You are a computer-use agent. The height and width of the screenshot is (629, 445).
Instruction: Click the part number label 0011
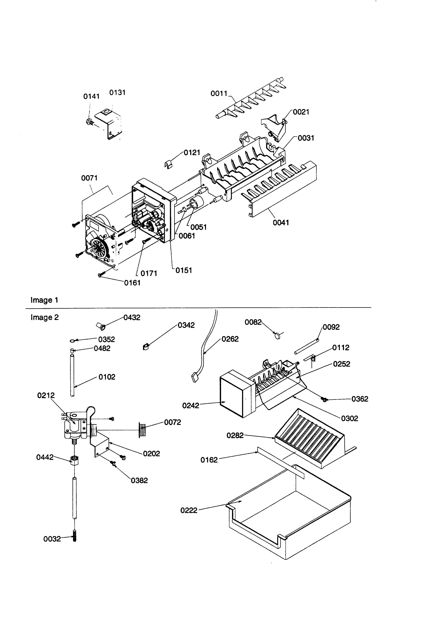tap(219, 93)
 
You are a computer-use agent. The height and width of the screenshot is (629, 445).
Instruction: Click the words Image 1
tap(44, 300)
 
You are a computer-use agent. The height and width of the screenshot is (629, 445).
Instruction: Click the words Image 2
tap(45, 317)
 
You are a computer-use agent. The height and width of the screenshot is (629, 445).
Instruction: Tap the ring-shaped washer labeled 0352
tap(73, 341)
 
